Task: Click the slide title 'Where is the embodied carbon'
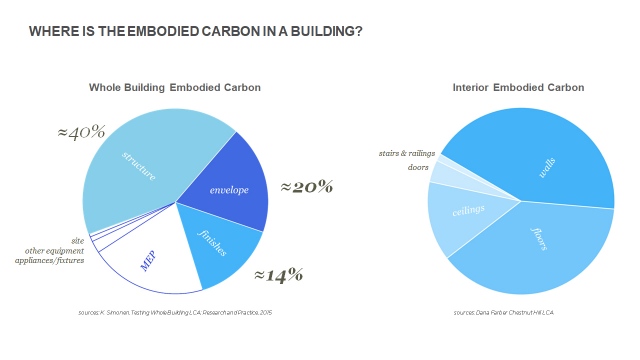[x=195, y=32]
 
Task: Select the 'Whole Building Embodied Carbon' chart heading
[x=175, y=88]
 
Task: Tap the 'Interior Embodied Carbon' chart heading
[x=518, y=88]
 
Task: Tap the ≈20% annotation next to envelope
[x=306, y=186]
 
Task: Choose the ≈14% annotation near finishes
[x=278, y=274]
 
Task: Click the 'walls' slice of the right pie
[x=540, y=160]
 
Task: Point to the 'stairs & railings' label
[x=405, y=154]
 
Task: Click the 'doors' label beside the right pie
[x=389, y=168]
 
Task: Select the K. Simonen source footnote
[x=175, y=313]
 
